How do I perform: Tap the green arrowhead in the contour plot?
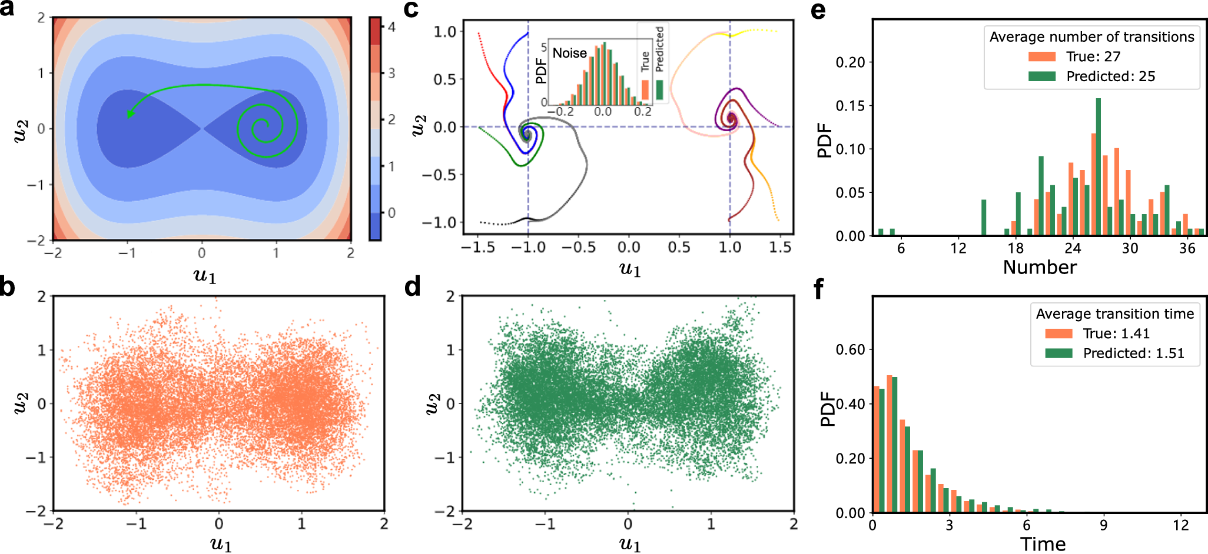130,113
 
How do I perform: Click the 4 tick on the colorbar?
391,27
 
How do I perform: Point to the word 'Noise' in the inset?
569,53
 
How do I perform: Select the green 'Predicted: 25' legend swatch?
1041,76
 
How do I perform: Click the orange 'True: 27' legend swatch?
1041,56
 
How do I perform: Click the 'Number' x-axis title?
1040,268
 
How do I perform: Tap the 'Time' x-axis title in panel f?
1043,544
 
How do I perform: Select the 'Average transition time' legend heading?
1115,313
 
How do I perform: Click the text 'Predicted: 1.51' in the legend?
1133,353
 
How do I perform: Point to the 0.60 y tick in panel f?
850,349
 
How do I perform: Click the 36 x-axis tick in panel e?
1187,248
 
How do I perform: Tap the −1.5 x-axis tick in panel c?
477,248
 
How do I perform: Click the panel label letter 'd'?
413,286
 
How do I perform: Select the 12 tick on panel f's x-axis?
1180,525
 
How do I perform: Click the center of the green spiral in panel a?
263,125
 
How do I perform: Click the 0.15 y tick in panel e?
850,105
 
